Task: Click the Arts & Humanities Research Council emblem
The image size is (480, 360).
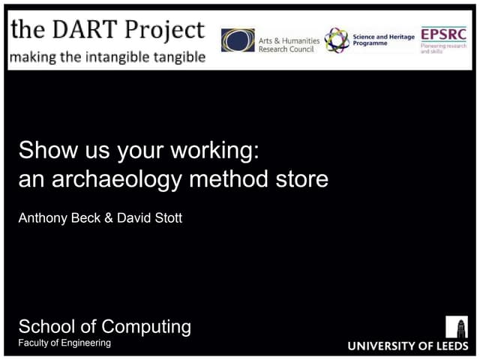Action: [x=237, y=40]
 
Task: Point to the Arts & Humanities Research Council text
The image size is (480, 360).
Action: [x=288, y=44]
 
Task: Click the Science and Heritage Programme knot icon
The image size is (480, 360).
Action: [x=336, y=40]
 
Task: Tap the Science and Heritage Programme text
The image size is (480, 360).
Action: [x=383, y=40]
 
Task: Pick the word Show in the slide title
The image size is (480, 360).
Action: [x=43, y=150]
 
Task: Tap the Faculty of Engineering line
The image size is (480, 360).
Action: [x=64, y=343]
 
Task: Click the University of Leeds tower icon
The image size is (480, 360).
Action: [x=456, y=326]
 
